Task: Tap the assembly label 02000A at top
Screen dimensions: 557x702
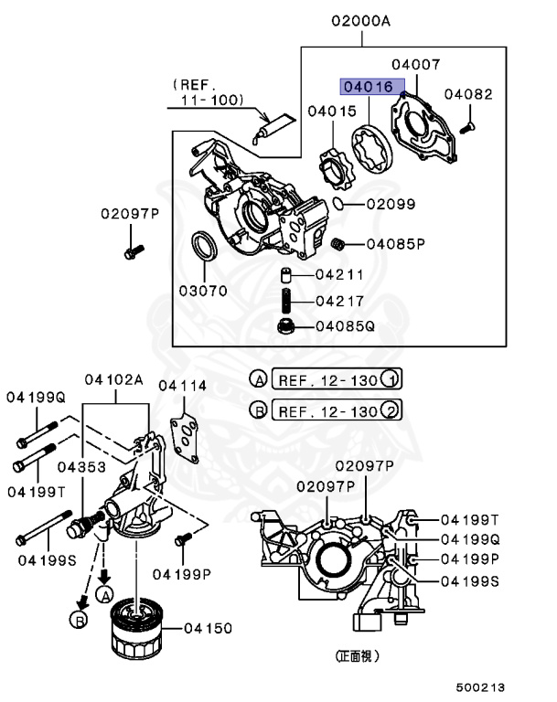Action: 360,21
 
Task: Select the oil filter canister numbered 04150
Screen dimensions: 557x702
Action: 135,629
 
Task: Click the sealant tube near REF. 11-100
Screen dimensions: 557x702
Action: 273,128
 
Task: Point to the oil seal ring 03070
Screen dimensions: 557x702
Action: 204,245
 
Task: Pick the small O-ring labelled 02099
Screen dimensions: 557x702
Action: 338,203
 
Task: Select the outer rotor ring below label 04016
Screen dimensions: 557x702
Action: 370,149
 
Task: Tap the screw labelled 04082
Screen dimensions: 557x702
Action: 467,128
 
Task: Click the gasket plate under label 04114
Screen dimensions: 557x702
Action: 184,440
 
